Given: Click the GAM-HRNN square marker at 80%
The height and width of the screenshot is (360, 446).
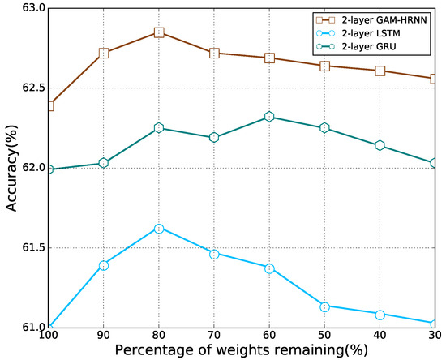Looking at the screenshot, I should [x=159, y=32].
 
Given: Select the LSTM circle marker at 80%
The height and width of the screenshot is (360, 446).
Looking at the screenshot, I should [x=159, y=229].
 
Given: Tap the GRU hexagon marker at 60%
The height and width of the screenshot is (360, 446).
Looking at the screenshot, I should [x=270, y=117].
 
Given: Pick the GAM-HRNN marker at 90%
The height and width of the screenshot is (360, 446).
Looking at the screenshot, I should [x=104, y=53].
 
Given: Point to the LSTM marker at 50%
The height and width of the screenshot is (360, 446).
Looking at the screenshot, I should [x=325, y=306].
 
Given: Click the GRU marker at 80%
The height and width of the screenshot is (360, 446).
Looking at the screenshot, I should [x=159, y=128].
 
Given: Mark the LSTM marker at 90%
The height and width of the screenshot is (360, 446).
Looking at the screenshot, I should [x=104, y=265].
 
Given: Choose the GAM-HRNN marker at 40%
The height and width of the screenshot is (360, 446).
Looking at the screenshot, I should [x=380, y=71].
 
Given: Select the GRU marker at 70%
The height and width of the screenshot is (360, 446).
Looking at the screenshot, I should [x=214, y=137].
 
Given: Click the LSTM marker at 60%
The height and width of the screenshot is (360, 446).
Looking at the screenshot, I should [x=270, y=268].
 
